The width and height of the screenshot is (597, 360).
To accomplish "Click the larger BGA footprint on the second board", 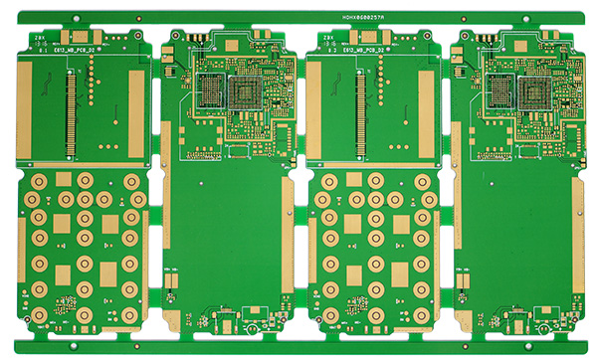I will coord(245,93).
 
